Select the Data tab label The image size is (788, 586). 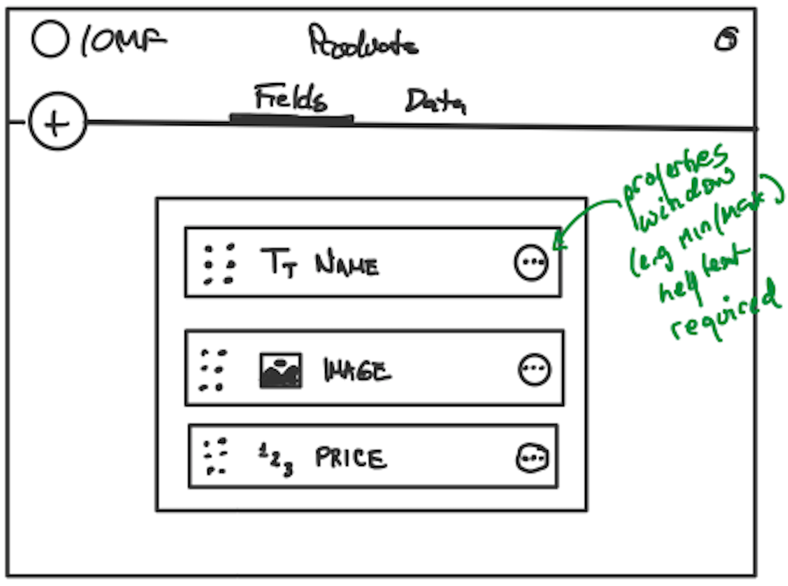point(435,102)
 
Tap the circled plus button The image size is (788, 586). point(57,122)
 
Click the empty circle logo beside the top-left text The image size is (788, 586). point(50,40)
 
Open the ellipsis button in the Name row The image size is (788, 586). point(531,262)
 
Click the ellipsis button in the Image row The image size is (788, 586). point(534,370)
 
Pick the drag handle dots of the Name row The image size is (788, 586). point(220,265)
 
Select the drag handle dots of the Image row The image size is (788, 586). point(213,371)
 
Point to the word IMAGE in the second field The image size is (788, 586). point(357,371)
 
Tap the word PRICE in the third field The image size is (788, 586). point(351,459)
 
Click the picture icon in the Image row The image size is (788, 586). point(281,370)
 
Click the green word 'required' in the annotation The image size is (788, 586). point(724,314)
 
